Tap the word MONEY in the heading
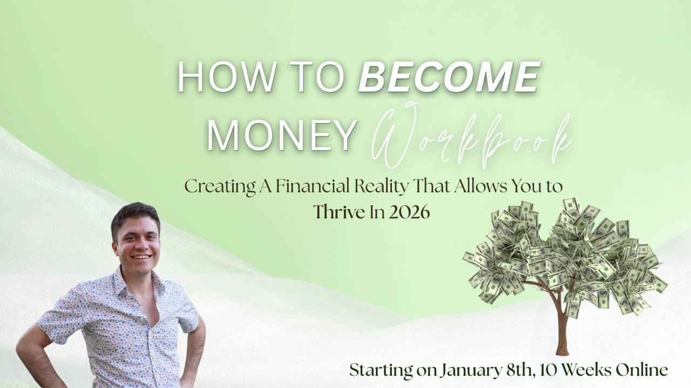[281, 135]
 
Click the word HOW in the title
[226, 77]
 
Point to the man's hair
[135, 217]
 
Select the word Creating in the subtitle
[220, 187]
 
